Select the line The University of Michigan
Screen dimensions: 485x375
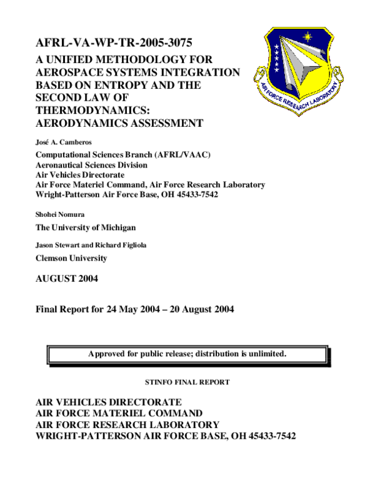pyautogui.click(x=85, y=227)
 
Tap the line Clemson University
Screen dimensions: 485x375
pyautogui.click(x=71, y=258)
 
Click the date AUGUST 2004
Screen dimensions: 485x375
pyautogui.click(x=67, y=279)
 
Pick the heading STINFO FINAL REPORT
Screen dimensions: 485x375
pyautogui.click(x=187, y=381)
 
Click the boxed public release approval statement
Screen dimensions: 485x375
pyautogui.click(x=187, y=354)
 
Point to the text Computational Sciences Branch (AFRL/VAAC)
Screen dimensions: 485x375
pyautogui.click(x=122, y=154)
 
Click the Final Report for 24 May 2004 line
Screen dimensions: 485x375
pyautogui.click(x=135, y=309)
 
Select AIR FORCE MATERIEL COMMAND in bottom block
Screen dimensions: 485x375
pyautogui.click(x=119, y=413)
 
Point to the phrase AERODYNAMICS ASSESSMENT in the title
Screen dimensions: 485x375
pyautogui.click(x=119, y=123)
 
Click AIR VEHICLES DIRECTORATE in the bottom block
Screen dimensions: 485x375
pyautogui.click(x=109, y=401)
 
